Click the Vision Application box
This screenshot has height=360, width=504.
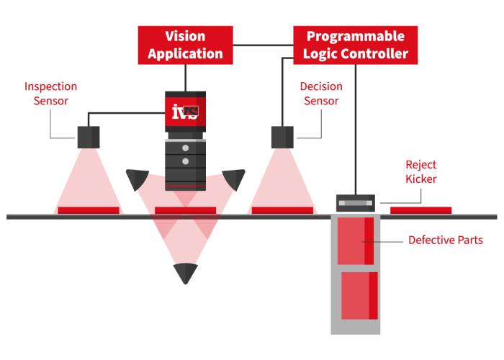point(185,45)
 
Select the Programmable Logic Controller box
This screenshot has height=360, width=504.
point(356,45)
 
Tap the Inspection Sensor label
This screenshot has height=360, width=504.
point(50,94)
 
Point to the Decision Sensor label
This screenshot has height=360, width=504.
point(321,94)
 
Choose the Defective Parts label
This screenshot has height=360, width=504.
point(445,240)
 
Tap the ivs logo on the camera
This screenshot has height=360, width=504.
point(184,111)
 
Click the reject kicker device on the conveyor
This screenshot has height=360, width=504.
point(356,203)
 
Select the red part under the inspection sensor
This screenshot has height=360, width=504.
point(89,210)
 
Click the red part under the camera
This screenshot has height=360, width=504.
point(186,210)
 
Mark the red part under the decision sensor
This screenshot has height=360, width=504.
point(282,210)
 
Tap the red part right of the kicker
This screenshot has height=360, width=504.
point(421,210)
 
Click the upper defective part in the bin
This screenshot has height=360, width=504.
point(356,240)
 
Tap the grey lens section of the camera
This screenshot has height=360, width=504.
point(186,162)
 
